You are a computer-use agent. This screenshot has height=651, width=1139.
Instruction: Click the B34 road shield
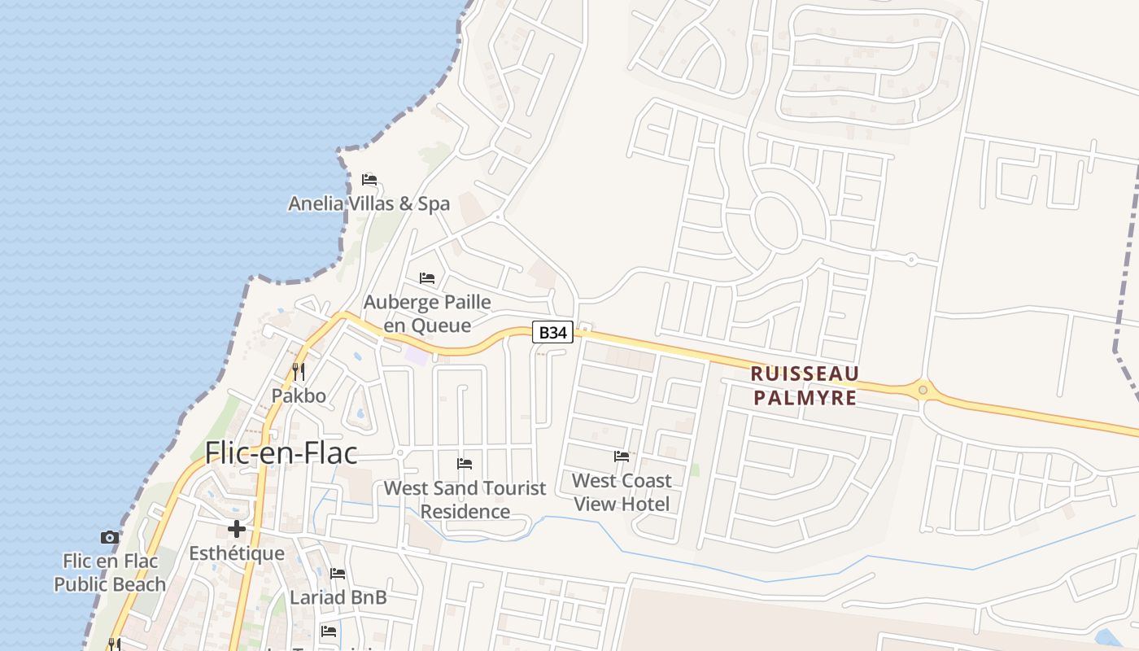[552, 332]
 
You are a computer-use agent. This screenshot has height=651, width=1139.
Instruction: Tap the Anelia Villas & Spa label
[369, 203]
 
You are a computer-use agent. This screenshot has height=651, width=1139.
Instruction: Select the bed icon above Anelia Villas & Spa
[369, 179]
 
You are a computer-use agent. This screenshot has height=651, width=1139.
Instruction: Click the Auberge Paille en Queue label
[427, 313]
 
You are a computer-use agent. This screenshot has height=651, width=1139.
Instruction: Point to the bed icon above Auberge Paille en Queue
[427, 278]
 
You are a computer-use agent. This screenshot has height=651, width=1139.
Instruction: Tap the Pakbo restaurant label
[299, 396]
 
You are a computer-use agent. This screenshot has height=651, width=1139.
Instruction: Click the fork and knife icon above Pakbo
[299, 372]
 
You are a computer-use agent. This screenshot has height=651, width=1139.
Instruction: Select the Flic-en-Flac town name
[281, 452]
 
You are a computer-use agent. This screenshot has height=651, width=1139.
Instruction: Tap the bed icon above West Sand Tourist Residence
[465, 464]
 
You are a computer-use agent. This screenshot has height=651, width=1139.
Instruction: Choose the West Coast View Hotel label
[622, 492]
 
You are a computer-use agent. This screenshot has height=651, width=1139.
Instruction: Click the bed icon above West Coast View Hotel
[622, 457]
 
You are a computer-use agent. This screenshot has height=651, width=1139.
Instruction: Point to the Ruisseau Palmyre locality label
[804, 386]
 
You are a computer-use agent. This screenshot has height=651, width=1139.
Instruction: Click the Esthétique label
[237, 553]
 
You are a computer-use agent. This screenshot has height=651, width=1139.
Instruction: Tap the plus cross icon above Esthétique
[237, 529]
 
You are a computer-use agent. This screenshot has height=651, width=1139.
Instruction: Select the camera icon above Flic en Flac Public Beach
[109, 537]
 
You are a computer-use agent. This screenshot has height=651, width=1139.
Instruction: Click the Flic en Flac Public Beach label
[109, 573]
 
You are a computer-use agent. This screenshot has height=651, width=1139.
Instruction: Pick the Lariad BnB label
[338, 597]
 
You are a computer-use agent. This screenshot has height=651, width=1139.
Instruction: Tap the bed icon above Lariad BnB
[338, 574]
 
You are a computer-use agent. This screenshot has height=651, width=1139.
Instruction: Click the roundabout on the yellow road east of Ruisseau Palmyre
[923, 390]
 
